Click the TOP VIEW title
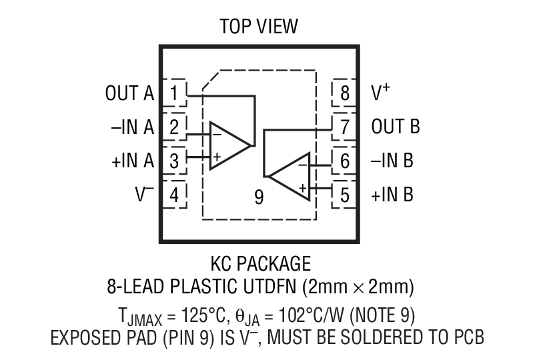coord(259,27)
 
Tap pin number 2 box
coord(175,127)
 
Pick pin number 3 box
coord(175,160)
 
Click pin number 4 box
coord(175,195)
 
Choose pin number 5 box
coord(345,195)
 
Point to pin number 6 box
coord(345,161)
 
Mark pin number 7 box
coord(345,127)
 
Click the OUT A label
coord(129,93)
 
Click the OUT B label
coord(396,127)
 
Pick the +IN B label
coord(392,195)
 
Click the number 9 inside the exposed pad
coord(259,197)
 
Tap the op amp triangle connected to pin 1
coord(227,145)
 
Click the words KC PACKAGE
coord(259,261)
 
